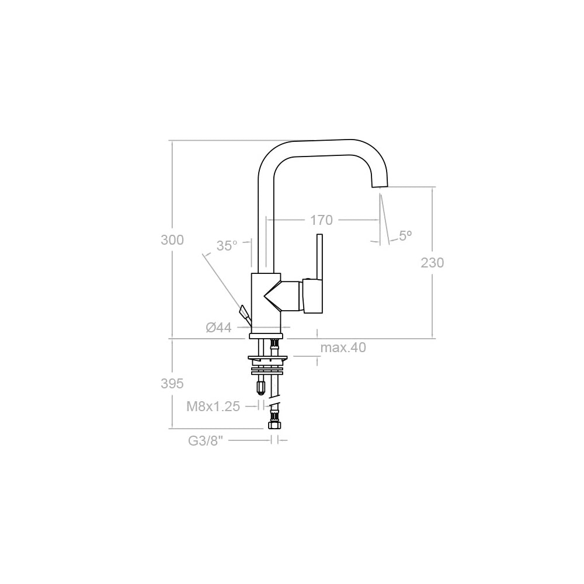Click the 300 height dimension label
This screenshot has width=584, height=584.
(x=172, y=240)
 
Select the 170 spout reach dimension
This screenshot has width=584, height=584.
(x=321, y=220)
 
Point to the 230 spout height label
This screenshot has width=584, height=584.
(x=432, y=263)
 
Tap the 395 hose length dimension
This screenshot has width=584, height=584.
(x=172, y=384)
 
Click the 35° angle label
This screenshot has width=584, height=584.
(x=227, y=246)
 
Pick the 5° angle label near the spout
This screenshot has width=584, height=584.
(x=405, y=235)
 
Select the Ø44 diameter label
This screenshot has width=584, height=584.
(x=219, y=328)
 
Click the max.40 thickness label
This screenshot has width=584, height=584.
(x=343, y=348)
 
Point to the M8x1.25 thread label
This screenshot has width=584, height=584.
(x=213, y=406)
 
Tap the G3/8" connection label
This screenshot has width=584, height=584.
(x=206, y=441)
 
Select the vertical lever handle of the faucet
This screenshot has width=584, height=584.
(x=319, y=257)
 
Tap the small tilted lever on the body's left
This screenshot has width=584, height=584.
(x=244, y=313)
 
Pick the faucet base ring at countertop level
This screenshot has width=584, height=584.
(x=266, y=336)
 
